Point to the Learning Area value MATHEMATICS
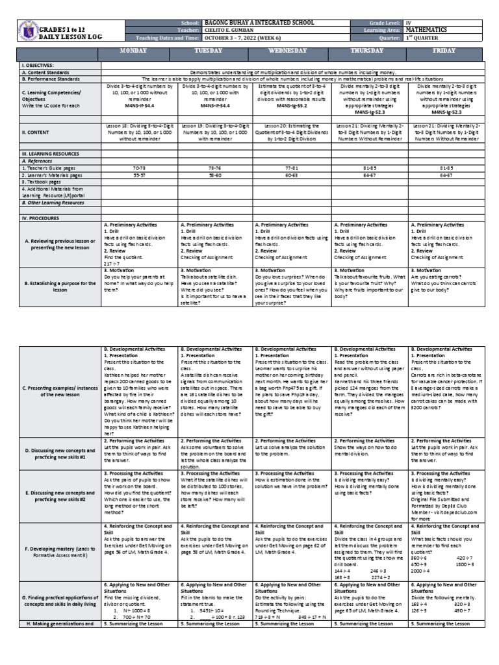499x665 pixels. [x=429, y=30]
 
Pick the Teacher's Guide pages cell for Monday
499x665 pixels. [x=139, y=168]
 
